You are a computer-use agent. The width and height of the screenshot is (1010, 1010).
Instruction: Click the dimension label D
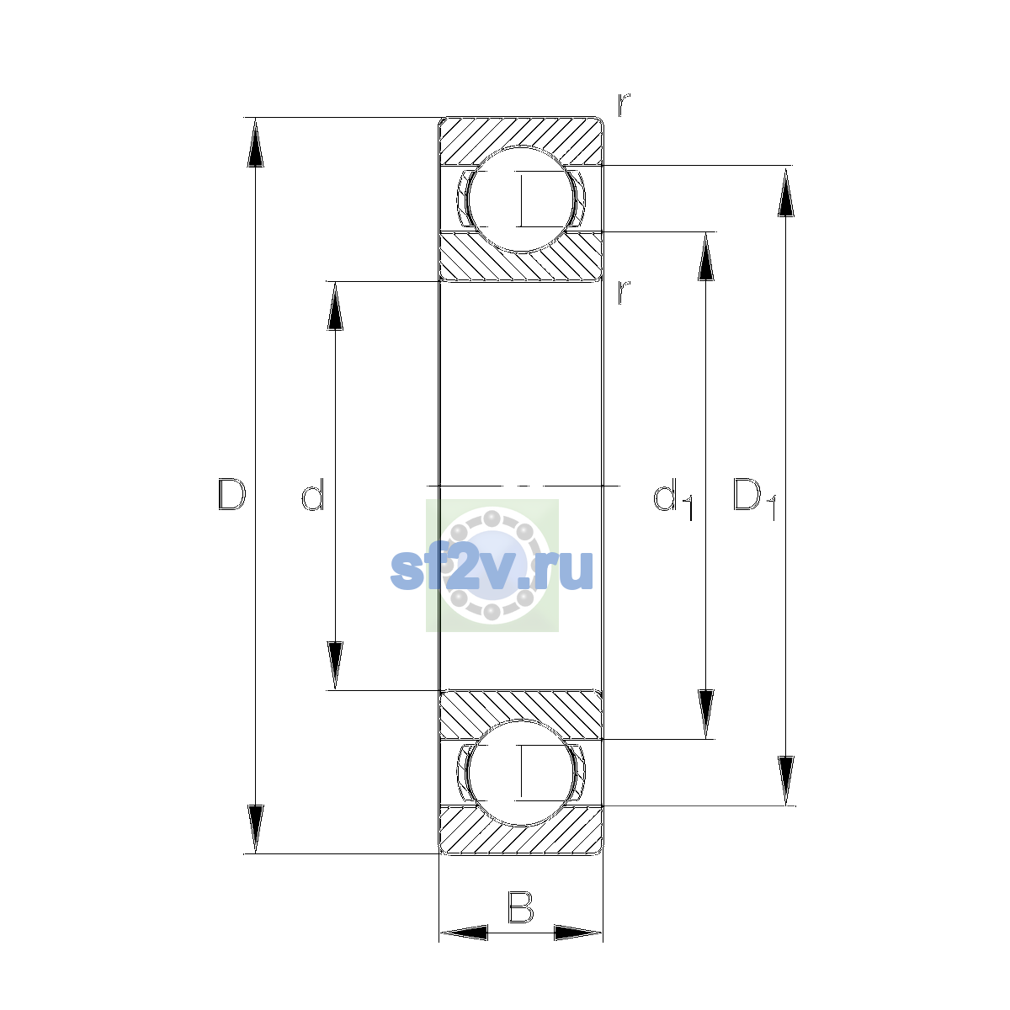[231, 494]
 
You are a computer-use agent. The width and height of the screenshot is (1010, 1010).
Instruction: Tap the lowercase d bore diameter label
[313, 494]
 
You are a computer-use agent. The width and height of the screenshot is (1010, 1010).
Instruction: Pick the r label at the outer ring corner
[623, 105]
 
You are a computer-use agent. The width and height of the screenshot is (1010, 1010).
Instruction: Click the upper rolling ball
[521, 199]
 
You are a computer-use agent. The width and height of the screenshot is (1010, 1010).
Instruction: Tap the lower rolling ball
[521, 773]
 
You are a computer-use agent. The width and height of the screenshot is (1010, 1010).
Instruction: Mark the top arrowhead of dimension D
[255, 141]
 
